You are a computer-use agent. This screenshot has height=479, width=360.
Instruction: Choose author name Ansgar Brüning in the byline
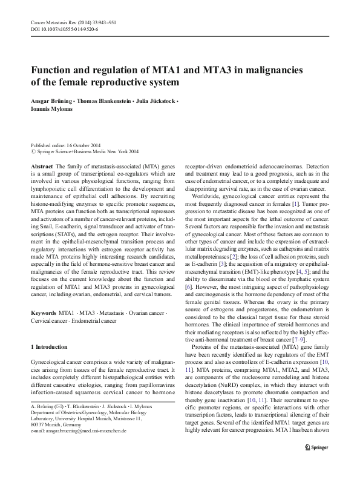pyautogui.click(x=50, y=100)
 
